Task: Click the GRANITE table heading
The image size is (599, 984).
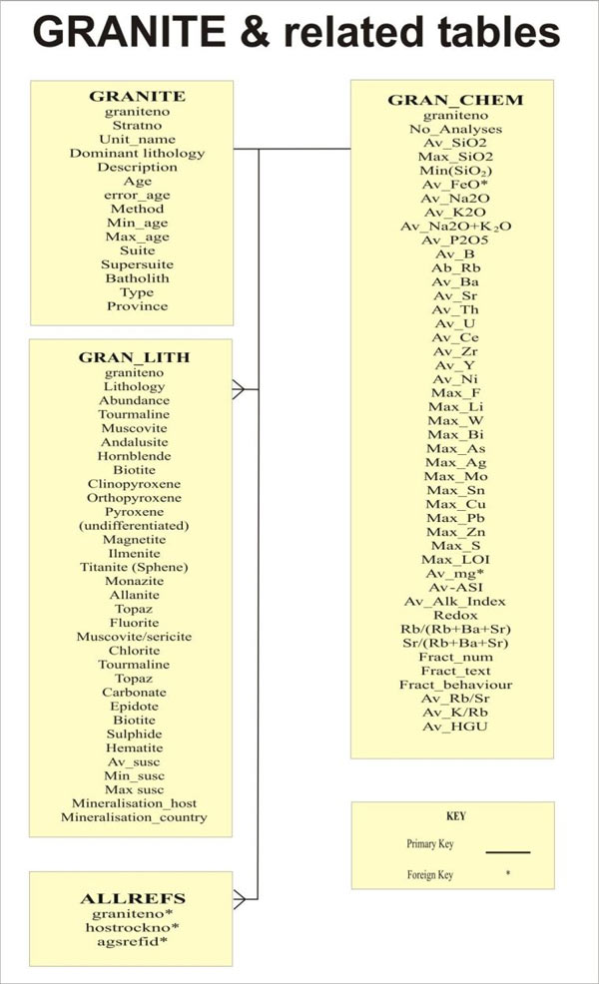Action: coord(137,97)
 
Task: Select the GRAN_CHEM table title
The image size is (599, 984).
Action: coord(454,101)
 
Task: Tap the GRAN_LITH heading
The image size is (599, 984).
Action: coord(134,357)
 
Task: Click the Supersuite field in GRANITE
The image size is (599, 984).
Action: coord(137,264)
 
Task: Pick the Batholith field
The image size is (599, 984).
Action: coord(137,278)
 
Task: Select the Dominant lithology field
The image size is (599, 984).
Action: coord(137,153)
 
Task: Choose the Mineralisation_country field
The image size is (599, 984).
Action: coord(134,817)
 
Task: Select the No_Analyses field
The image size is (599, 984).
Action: coord(455,129)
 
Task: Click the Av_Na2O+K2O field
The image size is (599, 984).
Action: coord(455,227)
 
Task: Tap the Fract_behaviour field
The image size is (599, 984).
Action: coord(455,685)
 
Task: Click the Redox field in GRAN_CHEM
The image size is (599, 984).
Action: coord(455,615)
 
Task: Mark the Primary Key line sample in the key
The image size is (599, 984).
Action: coord(507,851)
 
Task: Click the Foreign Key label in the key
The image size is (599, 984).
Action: coord(429,875)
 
